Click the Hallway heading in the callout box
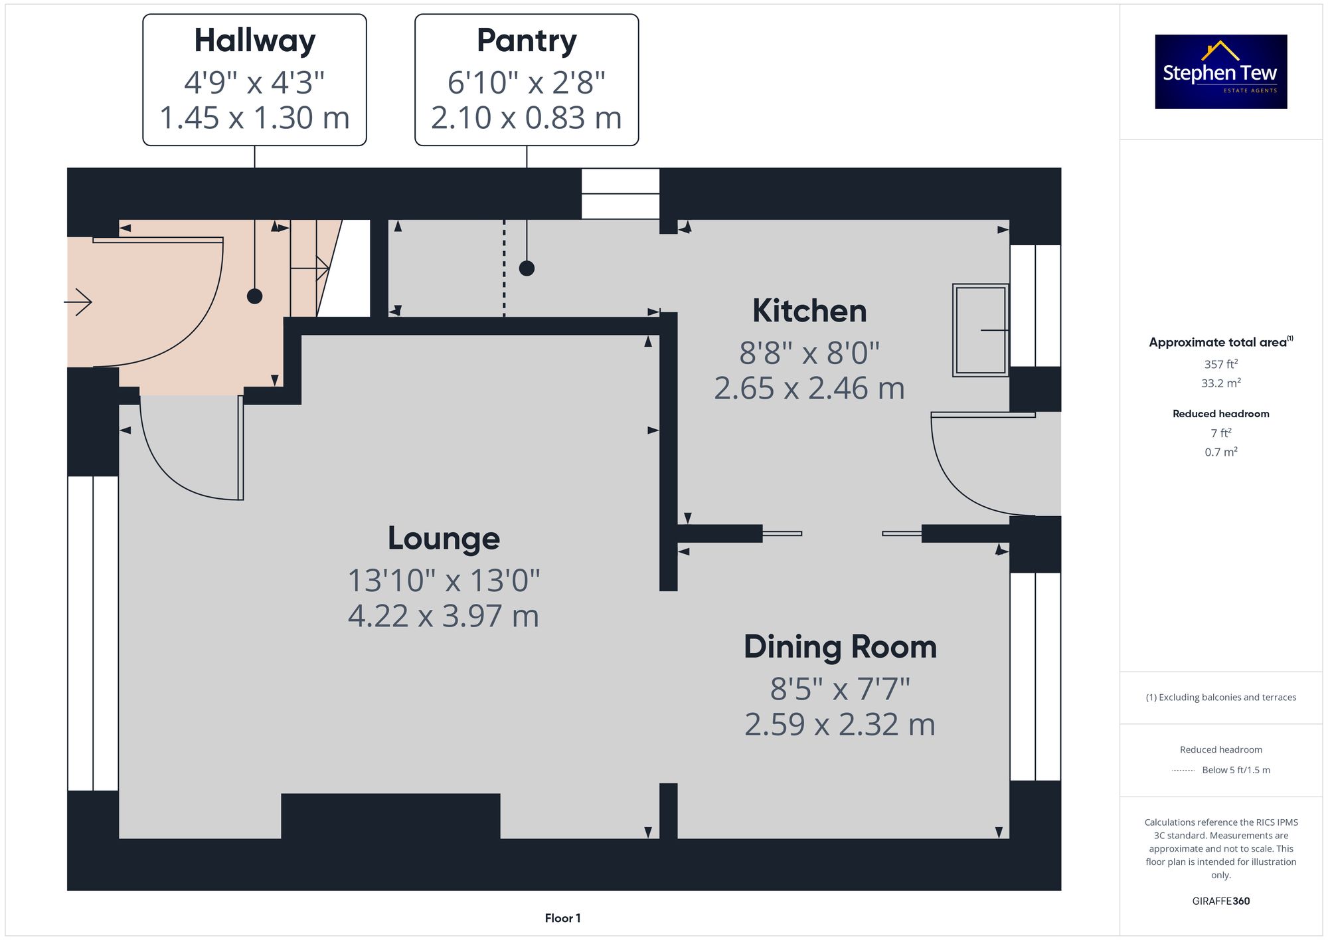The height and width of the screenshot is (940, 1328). pyautogui.click(x=255, y=41)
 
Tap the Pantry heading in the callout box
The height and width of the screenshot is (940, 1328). pyautogui.click(x=527, y=41)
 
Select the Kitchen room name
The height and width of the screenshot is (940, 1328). pyautogui.click(x=809, y=311)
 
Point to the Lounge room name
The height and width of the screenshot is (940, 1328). pyautogui.click(x=444, y=539)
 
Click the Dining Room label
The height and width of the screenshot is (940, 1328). pyautogui.click(x=840, y=647)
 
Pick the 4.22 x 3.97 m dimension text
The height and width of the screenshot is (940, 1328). pyautogui.click(x=444, y=616)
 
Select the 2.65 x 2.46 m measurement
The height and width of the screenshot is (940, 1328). pyautogui.click(x=809, y=389)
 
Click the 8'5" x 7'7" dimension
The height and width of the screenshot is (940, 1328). pyautogui.click(x=840, y=689)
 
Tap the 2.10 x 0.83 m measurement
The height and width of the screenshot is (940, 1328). pyautogui.click(x=527, y=118)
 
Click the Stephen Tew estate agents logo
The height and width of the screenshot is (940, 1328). pyautogui.click(x=1221, y=72)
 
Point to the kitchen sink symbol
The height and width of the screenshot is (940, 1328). pyautogui.click(x=981, y=330)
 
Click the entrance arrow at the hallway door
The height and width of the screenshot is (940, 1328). pyautogui.click(x=78, y=302)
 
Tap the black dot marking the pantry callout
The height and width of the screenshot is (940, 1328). pyautogui.click(x=527, y=268)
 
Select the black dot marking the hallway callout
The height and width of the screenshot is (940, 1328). pyautogui.click(x=254, y=296)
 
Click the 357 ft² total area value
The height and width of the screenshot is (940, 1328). pyautogui.click(x=1221, y=364)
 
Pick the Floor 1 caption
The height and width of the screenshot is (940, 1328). pyautogui.click(x=562, y=918)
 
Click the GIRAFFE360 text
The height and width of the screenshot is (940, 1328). pyautogui.click(x=1221, y=901)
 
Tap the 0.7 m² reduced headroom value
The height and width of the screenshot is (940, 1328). pyautogui.click(x=1221, y=452)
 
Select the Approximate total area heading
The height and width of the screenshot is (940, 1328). pyautogui.click(x=1221, y=342)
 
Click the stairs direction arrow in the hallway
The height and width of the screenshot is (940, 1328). pyautogui.click(x=310, y=268)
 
